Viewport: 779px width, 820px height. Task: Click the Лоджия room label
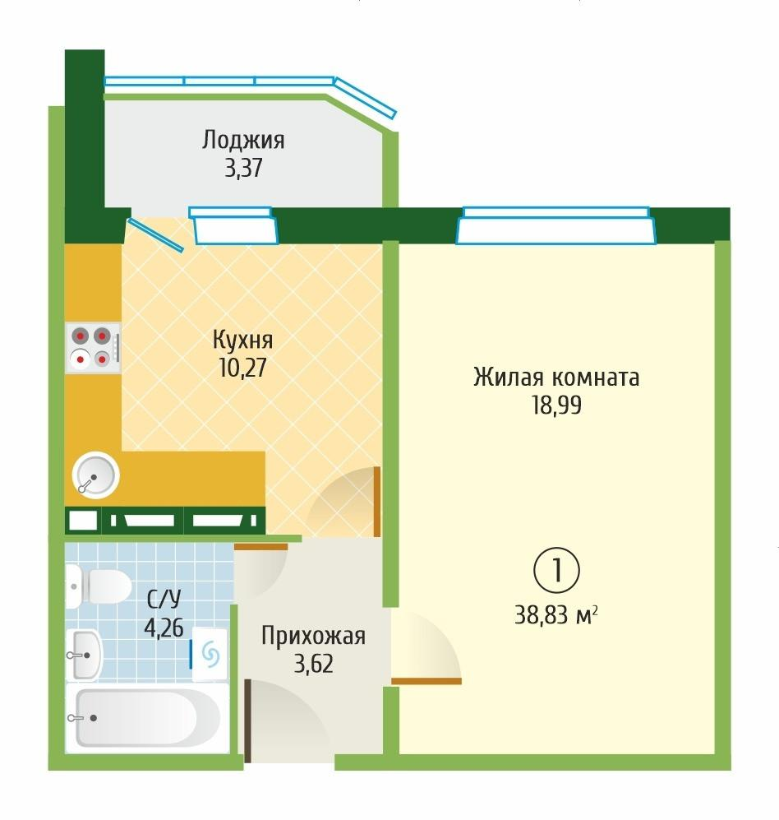point(243,141)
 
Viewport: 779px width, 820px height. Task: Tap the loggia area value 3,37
point(243,169)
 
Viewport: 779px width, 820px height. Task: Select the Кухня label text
point(242,340)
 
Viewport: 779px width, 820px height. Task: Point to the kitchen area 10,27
point(242,366)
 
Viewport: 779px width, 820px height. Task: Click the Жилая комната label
point(556,378)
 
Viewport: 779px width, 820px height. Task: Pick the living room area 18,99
point(556,405)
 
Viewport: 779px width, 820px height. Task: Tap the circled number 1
point(557,570)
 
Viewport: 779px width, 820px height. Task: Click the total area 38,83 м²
point(556,614)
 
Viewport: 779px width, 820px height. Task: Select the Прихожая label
point(313,636)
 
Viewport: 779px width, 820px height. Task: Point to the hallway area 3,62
point(313,663)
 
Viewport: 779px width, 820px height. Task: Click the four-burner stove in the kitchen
point(92,346)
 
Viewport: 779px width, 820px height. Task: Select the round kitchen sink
point(95,475)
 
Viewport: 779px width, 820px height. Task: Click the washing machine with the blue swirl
point(210,654)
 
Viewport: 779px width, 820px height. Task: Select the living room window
point(557,225)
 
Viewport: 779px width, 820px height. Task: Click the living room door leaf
point(426,681)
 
